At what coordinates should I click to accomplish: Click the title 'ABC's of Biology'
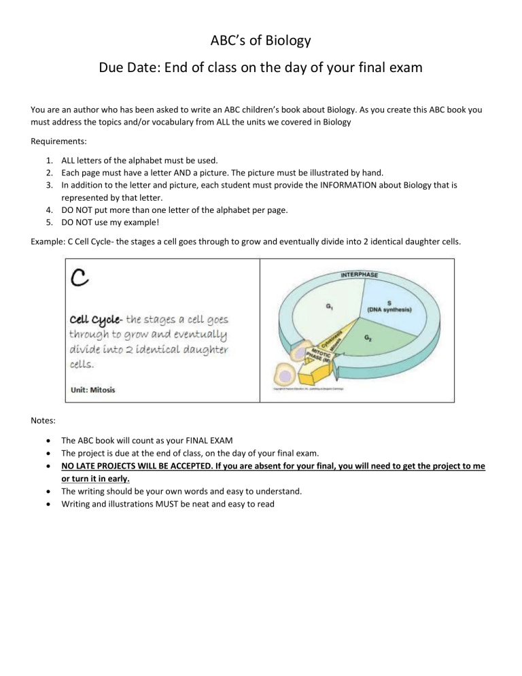[261, 41]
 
